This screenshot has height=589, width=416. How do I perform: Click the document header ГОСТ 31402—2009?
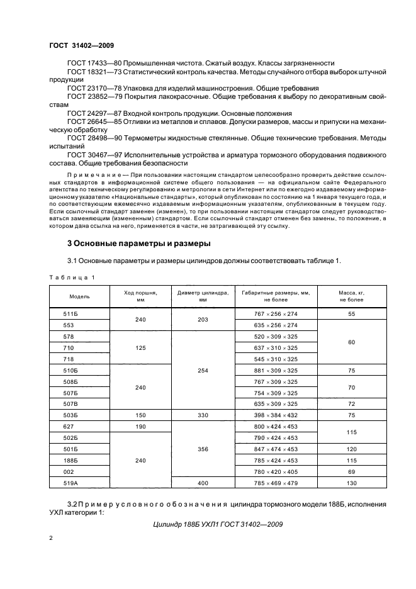pos(81,45)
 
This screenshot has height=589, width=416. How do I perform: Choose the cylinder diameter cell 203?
pos(203,319)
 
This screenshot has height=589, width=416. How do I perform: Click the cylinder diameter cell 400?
pos(203,483)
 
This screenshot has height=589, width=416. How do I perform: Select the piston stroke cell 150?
pos(140,415)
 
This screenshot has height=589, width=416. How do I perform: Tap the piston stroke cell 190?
pos(140,427)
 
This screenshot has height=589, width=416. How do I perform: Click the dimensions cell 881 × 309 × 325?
pos(275,370)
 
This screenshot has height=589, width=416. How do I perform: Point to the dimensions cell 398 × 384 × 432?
pos(275,415)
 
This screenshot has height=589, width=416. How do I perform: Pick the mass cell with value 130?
pos(351,483)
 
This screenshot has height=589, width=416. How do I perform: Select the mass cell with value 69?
pos(351,471)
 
